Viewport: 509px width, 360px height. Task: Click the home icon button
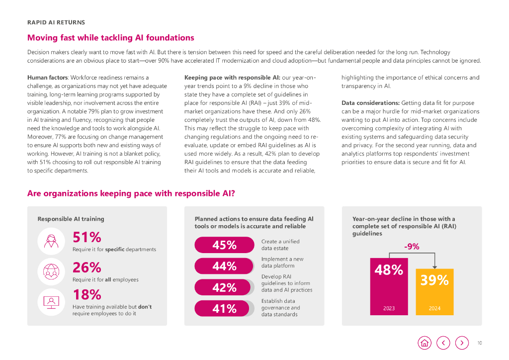click(x=424, y=343)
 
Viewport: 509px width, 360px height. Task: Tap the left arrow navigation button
click(x=443, y=343)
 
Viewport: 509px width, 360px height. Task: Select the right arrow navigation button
click(x=462, y=343)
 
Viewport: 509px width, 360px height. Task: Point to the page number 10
click(x=479, y=343)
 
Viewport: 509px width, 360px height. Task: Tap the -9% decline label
click(x=412, y=246)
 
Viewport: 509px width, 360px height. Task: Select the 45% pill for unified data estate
click(x=224, y=245)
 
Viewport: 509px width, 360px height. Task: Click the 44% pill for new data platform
click(x=224, y=266)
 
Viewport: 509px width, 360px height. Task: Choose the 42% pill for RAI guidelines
click(x=224, y=287)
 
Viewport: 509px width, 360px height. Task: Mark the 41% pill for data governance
click(x=224, y=308)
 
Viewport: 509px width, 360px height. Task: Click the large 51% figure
click(x=87, y=237)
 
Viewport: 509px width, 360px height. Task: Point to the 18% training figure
click(x=87, y=295)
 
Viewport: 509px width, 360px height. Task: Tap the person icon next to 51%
click(x=51, y=241)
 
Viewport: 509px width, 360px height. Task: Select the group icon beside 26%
click(x=51, y=271)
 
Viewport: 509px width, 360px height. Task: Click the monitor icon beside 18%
click(x=51, y=301)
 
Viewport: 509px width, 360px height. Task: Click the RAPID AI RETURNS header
click(x=56, y=22)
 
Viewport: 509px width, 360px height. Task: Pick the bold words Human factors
click(x=48, y=78)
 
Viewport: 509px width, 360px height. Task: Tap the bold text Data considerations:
click(x=370, y=103)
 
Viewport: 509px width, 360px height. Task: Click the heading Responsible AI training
click(x=71, y=219)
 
